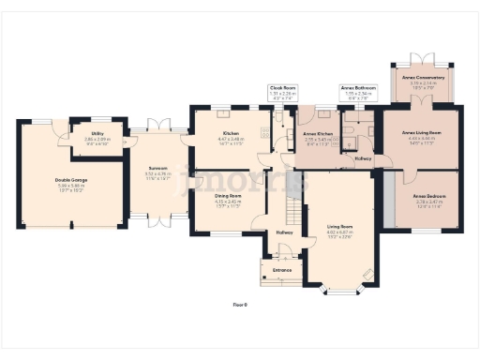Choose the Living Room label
[x=339, y=228]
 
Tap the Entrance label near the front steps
[x=282, y=270]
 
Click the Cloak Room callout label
[x=283, y=88]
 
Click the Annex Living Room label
[x=421, y=133]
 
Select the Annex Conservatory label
[x=424, y=78]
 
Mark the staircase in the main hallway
[x=287, y=202]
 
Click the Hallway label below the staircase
[x=285, y=232]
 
